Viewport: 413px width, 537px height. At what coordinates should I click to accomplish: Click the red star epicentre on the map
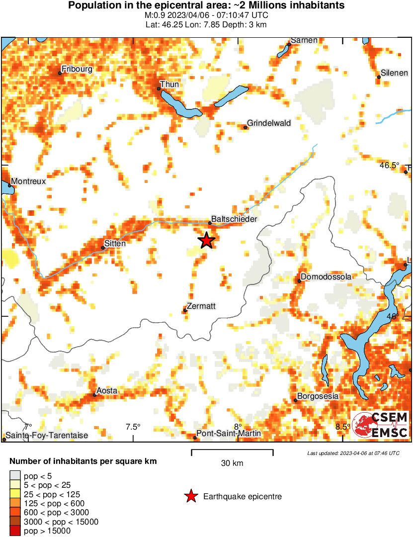click(206, 241)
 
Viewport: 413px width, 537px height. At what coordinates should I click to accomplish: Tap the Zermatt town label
click(202, 306)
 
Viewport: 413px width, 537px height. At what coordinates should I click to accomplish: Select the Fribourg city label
click(77, 69)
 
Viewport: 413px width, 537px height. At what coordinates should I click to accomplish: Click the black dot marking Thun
click(159, 89)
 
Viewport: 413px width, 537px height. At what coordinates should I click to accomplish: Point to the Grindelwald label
click(269, 123)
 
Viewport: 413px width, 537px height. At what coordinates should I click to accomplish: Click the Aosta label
click(107, 391)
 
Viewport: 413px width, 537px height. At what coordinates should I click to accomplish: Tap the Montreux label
click(28, 181)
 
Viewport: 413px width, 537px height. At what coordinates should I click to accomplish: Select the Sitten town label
click(115, 244)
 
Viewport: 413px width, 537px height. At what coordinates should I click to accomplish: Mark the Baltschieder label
click(234, 219)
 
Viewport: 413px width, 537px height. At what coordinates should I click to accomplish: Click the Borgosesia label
click(318, 396)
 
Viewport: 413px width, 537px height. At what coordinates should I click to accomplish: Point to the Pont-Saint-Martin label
click(229, 434)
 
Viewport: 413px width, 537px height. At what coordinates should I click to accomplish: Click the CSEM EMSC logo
click(380, 425)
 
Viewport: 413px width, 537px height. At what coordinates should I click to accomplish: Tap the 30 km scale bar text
click(232, 463)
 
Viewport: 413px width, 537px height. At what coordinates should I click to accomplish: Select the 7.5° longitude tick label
click(133, 426)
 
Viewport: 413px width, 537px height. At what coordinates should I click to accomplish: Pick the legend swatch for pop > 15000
click(15, 531)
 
